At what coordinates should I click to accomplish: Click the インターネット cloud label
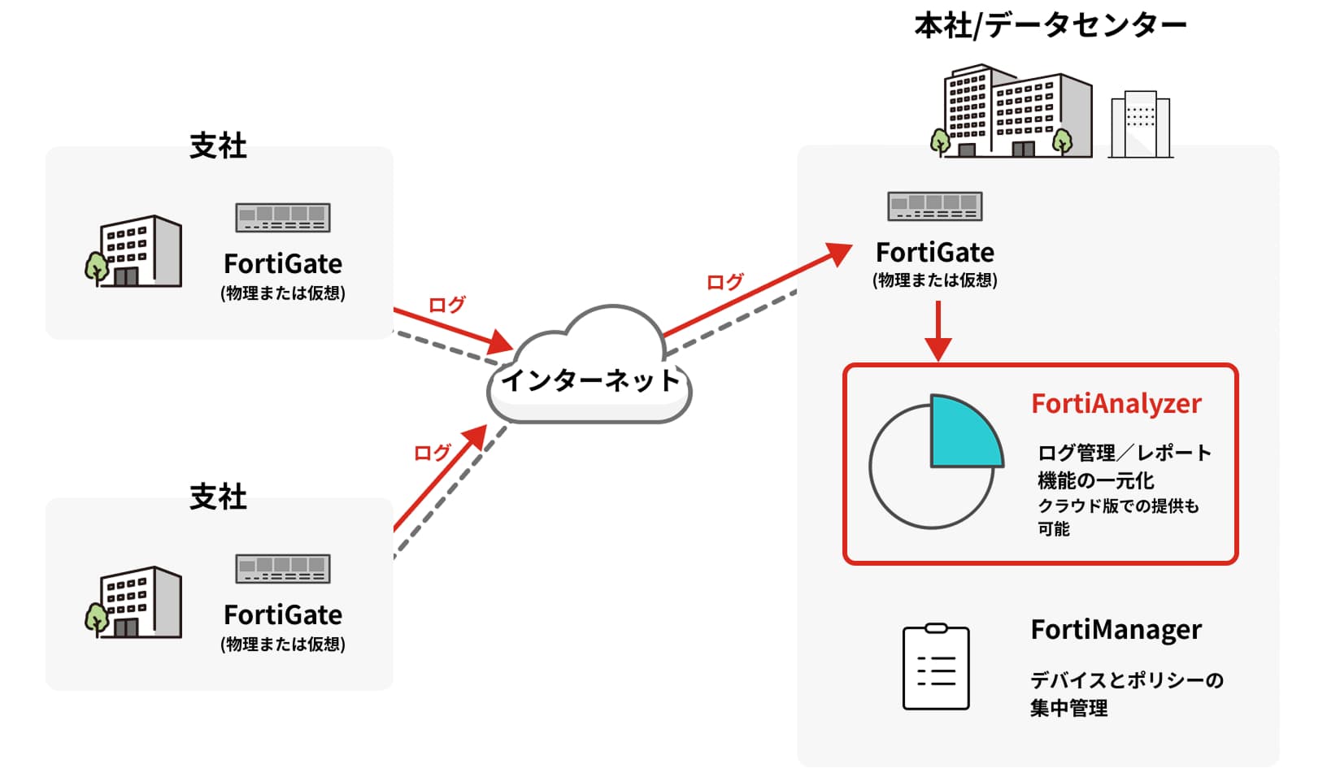click(x=590, y=380)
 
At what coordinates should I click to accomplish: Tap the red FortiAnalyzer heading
click(x=1116, y=404)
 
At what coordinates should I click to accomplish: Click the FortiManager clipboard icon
click(x=936, y=667)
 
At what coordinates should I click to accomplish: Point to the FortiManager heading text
click(x=1116, y=630)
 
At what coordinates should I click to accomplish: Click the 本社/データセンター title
click(x=1050, y=26)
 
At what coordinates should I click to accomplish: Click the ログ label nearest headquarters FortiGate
click(x=724, y=282)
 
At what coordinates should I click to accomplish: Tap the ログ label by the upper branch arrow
click(x=446, y=305)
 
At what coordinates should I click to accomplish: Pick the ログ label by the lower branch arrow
click(x=432, y=453)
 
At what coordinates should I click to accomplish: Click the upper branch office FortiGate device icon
click(x=283, y=218)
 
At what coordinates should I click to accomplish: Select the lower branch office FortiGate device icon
click(x=283, y=569)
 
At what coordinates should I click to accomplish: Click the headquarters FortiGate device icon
click(x=935, y=206)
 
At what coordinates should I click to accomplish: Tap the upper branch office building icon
click(x=135, y=251)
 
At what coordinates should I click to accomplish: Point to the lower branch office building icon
click(x=135, y=602)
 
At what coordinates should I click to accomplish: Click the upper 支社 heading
click(x=218, y=146)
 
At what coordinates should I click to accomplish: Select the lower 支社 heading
click(x=218, y=497)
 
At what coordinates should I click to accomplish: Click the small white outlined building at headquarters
click(x=1140, y=124)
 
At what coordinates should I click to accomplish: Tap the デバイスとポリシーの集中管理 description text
click(x=1126, y=693)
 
